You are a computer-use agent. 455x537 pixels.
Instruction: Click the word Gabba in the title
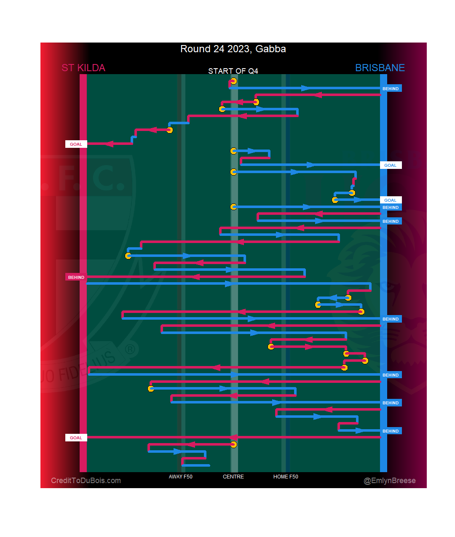270,49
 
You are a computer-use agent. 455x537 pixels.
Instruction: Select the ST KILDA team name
83,68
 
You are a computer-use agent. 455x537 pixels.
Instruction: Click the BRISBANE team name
380,68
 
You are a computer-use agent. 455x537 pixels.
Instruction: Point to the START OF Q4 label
233,71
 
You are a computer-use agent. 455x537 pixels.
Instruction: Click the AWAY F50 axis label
180,477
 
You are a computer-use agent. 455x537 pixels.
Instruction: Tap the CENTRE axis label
233,477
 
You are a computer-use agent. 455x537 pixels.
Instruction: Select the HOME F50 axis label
286,477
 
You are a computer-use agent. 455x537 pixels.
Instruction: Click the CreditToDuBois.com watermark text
86,481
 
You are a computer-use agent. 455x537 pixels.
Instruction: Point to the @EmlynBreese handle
390,481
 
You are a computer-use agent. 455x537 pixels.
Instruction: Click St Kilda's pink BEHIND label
76,277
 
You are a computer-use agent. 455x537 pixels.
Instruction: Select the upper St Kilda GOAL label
76,144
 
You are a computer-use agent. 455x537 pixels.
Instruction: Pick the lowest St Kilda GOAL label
76,438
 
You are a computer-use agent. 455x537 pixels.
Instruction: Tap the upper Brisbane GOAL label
391,165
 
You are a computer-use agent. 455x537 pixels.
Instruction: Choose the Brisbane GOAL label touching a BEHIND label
391,200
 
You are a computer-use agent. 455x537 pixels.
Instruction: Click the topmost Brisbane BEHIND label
391,88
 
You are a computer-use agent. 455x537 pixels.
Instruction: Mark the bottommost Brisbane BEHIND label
391,431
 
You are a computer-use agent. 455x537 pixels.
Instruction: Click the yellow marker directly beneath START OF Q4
233,81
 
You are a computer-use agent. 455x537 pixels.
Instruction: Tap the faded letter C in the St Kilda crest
108,178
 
